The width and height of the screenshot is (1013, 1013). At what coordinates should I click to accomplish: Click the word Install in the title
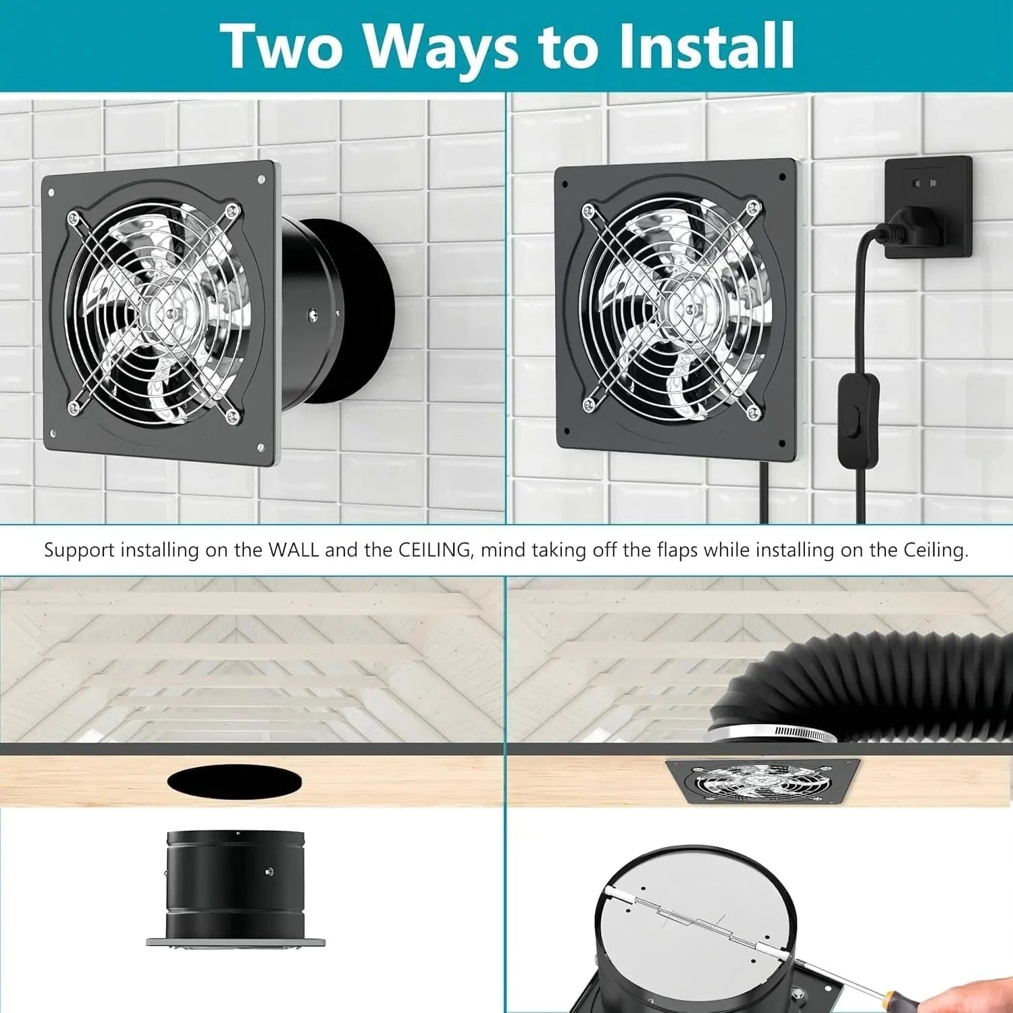coord(706,46)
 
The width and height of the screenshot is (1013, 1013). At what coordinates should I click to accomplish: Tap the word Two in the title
coord(282,46)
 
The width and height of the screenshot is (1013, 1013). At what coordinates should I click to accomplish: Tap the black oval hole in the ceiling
coord(234,781)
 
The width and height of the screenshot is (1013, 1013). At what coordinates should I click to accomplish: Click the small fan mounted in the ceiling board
coord(762,781)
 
